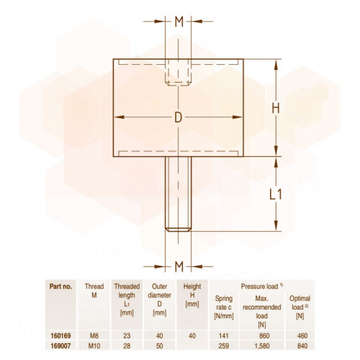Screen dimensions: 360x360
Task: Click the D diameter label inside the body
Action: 179,117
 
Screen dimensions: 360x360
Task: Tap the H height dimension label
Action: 276,108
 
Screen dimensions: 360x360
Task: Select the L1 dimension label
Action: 276,194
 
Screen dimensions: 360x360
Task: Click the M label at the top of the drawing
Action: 179,22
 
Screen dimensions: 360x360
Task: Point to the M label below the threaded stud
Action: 179,266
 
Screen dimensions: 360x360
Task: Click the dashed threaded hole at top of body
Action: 179,72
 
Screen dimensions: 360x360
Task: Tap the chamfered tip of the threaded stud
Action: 179,229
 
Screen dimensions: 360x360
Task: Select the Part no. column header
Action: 60,287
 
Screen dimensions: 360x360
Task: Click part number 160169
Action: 60,336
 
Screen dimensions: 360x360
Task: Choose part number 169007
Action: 60,346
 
